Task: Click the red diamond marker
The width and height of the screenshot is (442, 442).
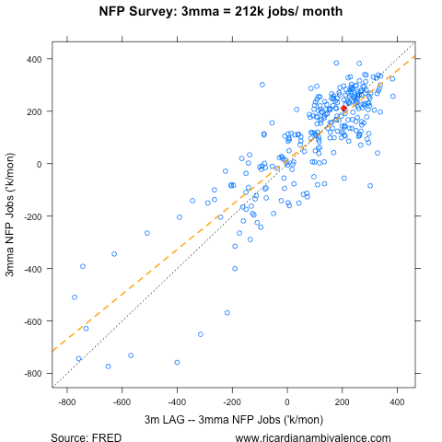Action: (343, 108)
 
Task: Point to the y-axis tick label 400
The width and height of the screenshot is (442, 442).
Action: (34, 59)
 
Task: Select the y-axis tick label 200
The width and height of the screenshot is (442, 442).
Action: (34, 111)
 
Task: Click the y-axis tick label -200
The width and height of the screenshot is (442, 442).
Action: (32, 216)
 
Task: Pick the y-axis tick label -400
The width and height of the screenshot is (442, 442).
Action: (32, 269)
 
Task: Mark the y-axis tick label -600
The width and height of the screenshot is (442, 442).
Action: (32, 321)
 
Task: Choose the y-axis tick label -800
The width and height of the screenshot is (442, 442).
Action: (32, 374)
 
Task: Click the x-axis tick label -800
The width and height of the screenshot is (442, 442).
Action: (66, 402)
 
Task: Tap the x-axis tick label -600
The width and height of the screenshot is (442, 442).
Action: (122, 402)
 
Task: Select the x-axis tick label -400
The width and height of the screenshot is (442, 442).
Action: (177, 402)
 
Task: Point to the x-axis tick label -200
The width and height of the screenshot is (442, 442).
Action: (232, 402)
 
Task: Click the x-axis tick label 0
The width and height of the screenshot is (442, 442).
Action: (287, 402)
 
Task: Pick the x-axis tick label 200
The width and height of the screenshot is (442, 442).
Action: (343, 402)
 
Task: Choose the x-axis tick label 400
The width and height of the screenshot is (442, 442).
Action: (398, 402)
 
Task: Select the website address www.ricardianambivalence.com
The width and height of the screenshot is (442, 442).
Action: (313, 437)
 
